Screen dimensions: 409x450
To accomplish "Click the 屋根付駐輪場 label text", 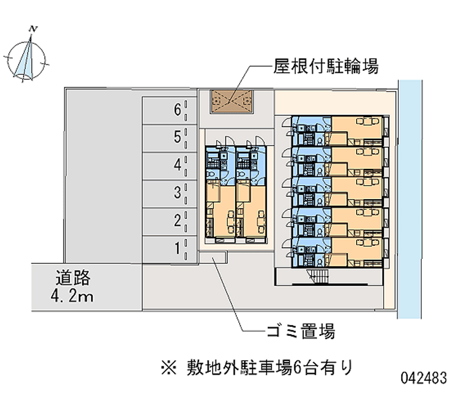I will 326,68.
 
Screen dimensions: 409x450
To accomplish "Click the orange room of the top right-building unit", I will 357,129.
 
